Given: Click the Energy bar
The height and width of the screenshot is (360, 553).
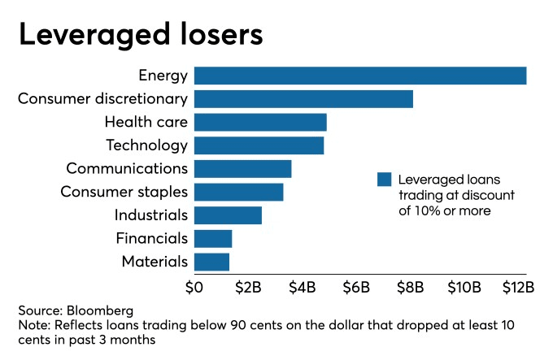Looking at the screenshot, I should pos(360,76).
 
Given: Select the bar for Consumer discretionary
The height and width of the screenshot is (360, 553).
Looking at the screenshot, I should pos(303,99).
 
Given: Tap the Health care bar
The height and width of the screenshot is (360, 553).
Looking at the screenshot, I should pos(260,122).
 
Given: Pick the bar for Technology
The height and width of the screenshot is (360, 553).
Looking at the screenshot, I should pos(259,145).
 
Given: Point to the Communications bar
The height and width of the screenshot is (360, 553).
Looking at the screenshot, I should pos(242,169).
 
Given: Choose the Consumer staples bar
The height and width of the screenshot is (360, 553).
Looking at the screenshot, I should pos(238,192).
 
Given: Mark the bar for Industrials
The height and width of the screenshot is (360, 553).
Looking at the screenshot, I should pos(228,215).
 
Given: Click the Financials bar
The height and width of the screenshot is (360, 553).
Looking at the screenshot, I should pos(213,238).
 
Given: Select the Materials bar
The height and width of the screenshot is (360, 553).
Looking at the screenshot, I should pos(211,262).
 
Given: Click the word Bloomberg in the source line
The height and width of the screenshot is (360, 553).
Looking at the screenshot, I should pos(99,310).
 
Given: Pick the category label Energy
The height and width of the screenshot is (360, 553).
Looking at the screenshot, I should pos(163,76).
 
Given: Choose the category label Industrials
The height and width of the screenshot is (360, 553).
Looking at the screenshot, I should pos(151,215).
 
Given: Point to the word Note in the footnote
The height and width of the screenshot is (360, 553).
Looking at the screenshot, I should pos(33,325).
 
